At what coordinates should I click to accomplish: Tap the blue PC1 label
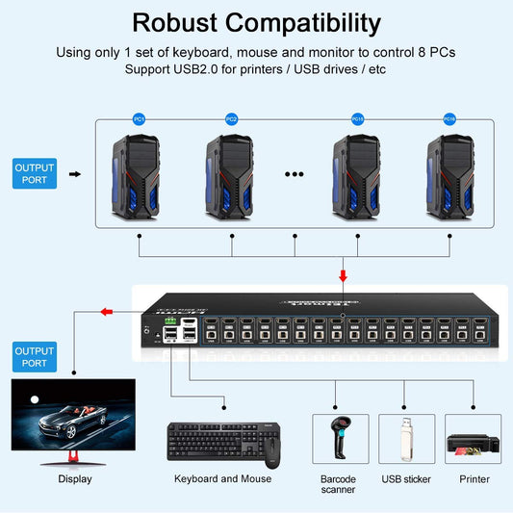[140, 119]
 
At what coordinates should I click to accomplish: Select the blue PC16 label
[449, 119]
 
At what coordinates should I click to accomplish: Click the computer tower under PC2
[231, 174]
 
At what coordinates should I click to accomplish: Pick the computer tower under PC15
[357, 174]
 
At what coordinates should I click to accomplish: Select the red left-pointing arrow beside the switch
[108, 311]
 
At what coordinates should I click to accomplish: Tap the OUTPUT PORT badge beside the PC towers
[35, 173]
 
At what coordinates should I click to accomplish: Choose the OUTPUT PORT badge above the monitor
[35, 357]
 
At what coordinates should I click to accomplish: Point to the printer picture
[473, 444]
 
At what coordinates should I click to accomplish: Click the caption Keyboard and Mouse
[222, 478]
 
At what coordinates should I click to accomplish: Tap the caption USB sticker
[406, 478]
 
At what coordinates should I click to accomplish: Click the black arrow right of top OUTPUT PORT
[76, 174]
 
